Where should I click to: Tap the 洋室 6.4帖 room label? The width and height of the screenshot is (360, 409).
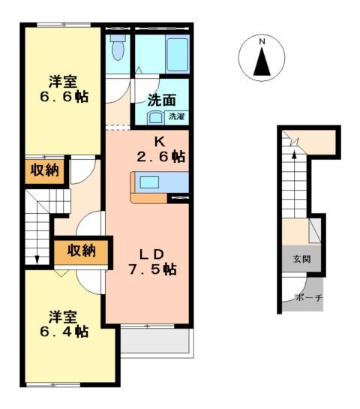click(x=64, y=323)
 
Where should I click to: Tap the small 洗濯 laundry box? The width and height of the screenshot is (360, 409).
click(x=176, y=116)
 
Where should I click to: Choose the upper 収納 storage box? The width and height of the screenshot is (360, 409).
click(x=44, y=171)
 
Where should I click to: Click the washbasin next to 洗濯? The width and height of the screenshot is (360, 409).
click(x=155, y=117)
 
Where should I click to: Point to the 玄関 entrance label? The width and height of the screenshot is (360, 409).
click(x=300, y=260)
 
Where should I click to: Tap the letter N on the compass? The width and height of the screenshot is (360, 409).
click(x=262, y=41)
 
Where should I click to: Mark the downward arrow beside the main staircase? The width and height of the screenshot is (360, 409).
click(x=37, y=259)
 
